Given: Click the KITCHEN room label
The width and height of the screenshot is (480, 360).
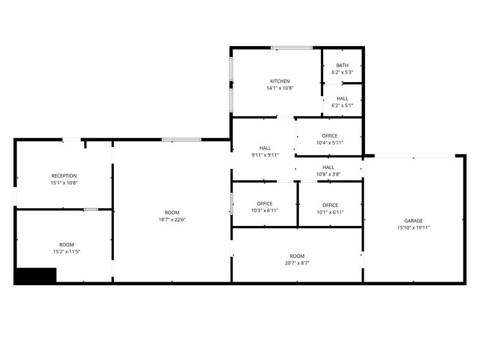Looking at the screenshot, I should coord(280,81).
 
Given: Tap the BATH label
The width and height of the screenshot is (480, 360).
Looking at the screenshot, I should coord(342,66).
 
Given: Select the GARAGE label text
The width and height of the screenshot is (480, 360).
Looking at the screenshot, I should coord(413,220).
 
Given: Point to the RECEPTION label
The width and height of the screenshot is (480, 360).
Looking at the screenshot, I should coord(64,176).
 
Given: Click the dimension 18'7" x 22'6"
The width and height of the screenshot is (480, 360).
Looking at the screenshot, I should coord(172,220).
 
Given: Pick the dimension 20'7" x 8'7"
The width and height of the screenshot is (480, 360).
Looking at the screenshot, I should coord(297,263).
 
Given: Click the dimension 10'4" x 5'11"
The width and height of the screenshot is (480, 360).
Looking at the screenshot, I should coord(329,143).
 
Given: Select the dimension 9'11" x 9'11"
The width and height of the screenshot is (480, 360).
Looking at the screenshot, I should coord(265,155).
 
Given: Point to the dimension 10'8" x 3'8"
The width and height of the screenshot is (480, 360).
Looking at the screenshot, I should coord(328,174).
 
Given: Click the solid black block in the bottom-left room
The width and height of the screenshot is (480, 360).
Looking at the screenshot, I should coord(36,276).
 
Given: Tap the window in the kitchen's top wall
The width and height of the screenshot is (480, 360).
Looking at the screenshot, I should coord(292,47).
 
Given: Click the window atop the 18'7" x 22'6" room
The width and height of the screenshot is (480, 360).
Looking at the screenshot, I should coord(181,140).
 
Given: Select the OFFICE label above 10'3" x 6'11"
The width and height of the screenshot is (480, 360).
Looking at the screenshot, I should coord(264,204).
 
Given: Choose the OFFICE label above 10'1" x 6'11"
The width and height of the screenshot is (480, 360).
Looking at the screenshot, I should coord(330,205).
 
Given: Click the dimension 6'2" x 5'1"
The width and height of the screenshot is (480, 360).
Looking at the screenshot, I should coord(342,106).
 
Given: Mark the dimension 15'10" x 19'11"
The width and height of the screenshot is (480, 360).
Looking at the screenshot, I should coord(413,228).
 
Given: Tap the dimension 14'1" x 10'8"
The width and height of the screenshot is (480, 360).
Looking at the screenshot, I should coord(280,89).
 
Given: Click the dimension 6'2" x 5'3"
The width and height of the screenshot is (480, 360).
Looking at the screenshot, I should coord(342,73).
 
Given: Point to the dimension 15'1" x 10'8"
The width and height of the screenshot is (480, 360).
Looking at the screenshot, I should coord(64,183).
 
